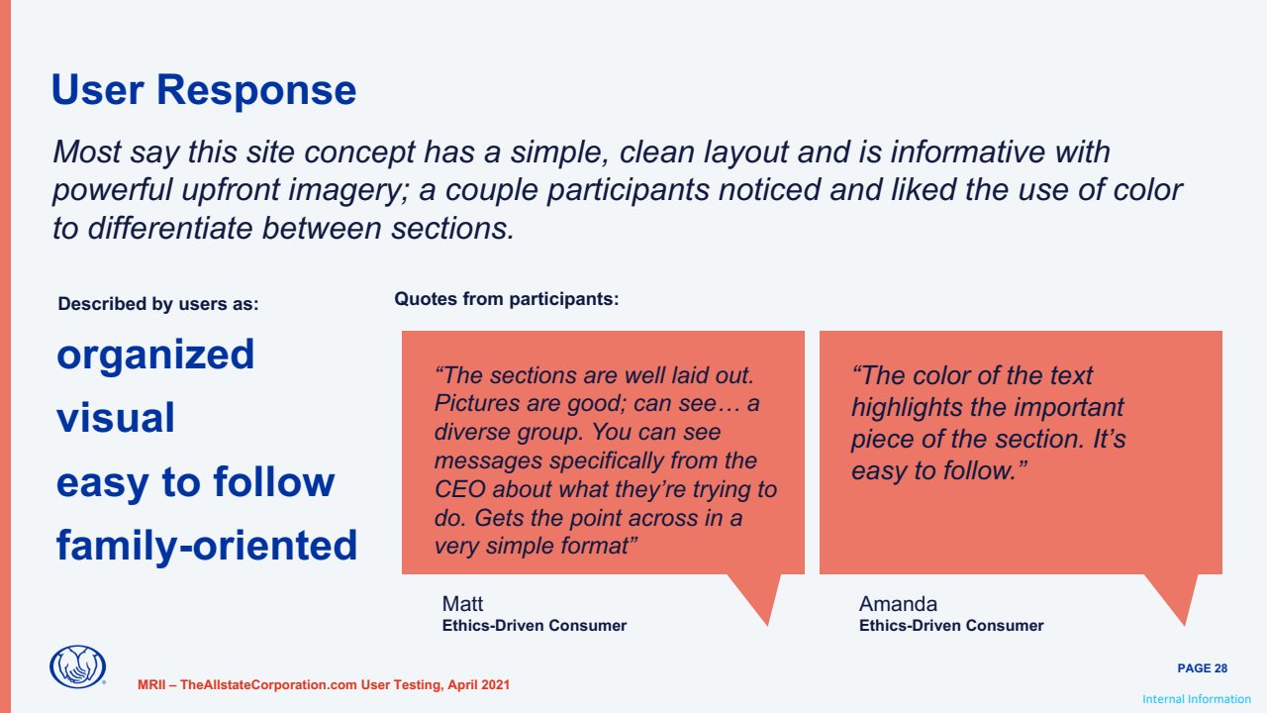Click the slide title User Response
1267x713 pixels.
click(204, 90)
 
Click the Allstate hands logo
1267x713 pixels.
click(77, 666)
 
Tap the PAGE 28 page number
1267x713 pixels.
click(1202, 668)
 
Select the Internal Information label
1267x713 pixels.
click(1197, 699)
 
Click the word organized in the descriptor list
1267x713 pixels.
click(155, 356)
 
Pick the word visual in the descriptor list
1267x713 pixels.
click(116, 418)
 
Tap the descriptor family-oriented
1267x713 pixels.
click(207, 546)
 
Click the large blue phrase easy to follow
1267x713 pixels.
click(196, 482)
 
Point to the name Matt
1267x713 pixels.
click(462, 604)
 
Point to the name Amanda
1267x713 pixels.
click(898, 604)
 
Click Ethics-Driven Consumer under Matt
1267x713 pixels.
click(534, 625)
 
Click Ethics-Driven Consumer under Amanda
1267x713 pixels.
click(951, 625)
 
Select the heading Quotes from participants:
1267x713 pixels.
click(506, 299)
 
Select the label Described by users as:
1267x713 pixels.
click(157, 304)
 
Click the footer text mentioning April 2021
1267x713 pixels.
click(324, 684)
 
